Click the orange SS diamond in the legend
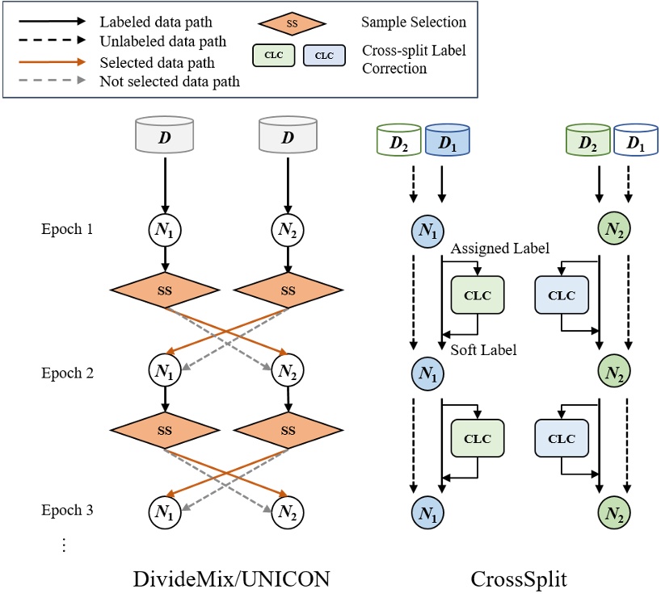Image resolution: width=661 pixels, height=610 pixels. (x=293, y=24)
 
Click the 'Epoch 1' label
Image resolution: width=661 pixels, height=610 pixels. (x=68, y=228)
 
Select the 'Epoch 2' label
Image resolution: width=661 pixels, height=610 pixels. (x=68, y=374)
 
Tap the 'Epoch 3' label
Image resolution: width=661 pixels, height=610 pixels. (x=68, y=510)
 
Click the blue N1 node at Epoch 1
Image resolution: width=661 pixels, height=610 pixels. (x=427, y=229)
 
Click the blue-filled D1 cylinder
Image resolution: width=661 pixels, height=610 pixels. (x=447, y=139)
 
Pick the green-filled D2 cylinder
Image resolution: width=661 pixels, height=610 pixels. (x=588, y=139)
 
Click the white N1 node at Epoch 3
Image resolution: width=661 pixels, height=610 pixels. (x=164, y=511)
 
